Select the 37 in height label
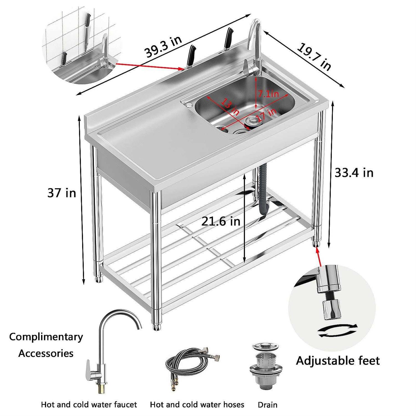click(62, 193)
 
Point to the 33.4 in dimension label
click(354, 173)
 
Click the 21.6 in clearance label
click(221, 221)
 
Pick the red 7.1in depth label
click(268, 94)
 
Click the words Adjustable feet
click(338, 361)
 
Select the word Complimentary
click(46, 337)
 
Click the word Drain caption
click(267, 405)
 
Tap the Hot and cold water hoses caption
click(197, 405)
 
